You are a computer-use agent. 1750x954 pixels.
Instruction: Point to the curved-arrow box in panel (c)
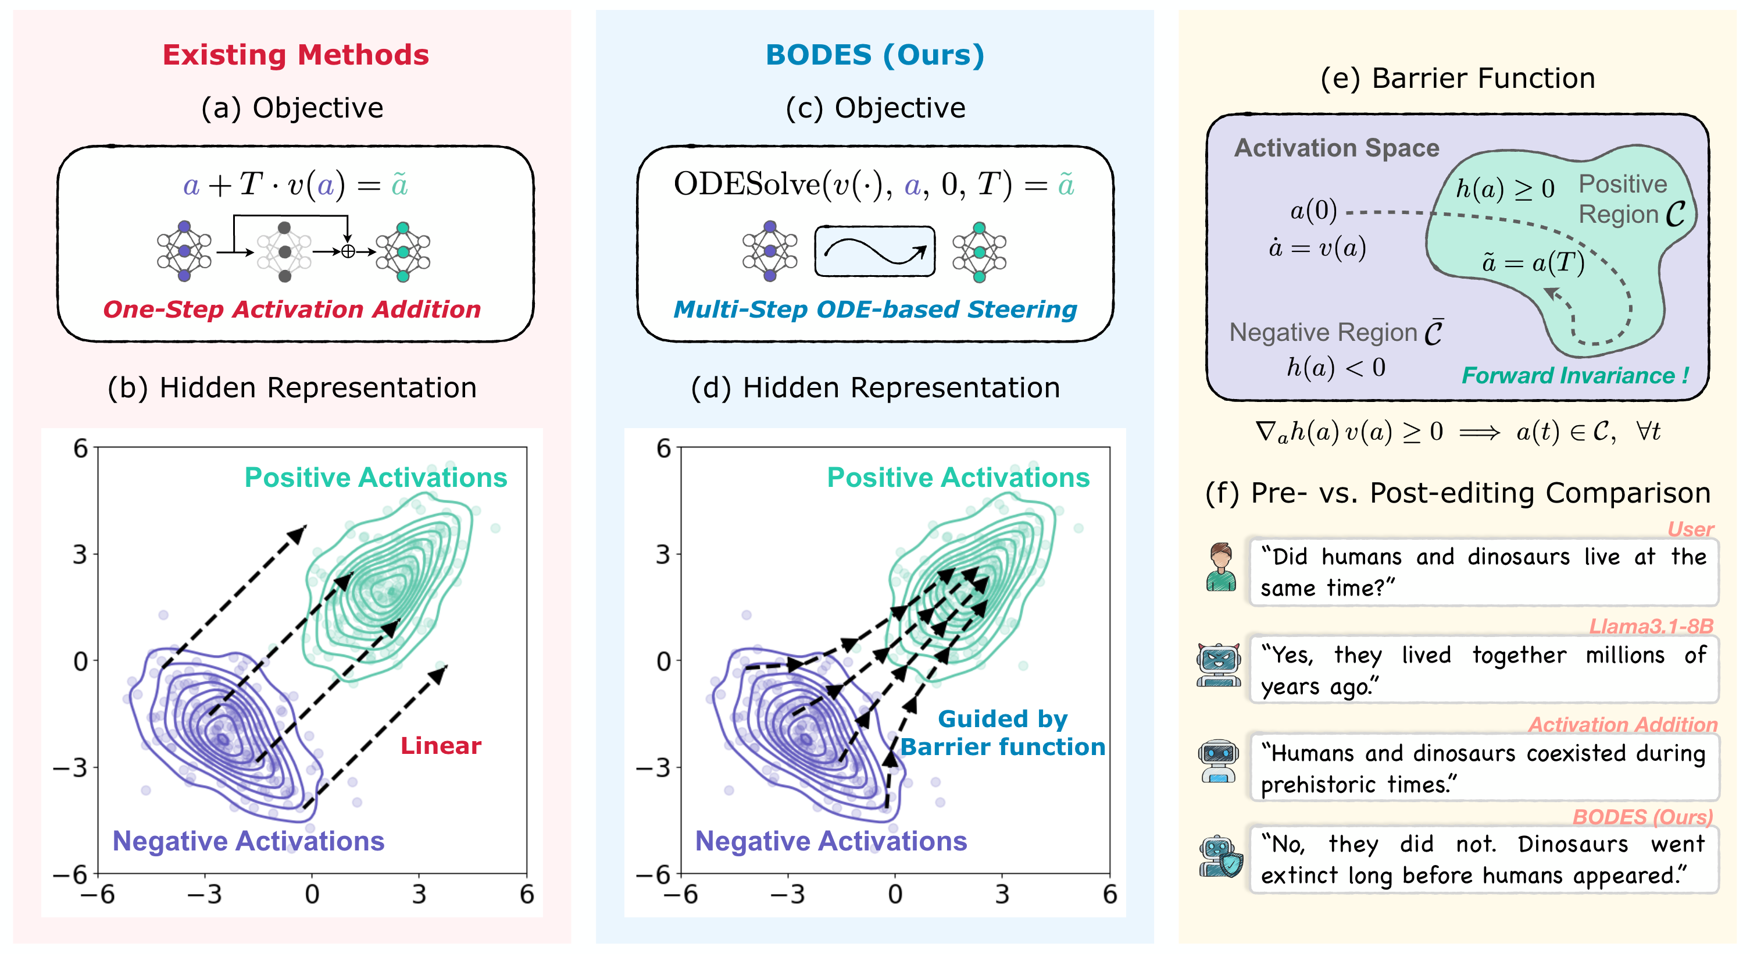click(x=874, y=251)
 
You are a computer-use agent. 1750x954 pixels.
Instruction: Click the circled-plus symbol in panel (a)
click(x=348, y=252)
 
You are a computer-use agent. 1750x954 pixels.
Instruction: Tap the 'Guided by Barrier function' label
click(x=1003, y=733)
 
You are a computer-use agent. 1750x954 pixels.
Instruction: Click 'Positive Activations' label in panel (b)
click(x=376, y=478)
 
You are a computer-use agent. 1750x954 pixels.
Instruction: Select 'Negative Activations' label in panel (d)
click(x=830, y=841)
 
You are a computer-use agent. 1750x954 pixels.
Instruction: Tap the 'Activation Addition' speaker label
click(x=1622, y=724)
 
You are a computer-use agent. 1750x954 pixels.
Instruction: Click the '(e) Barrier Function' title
click(x=1457, y=79)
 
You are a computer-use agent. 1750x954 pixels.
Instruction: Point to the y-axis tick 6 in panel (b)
click(x=81, y=448)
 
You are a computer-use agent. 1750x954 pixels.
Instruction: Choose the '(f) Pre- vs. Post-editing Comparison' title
click(x=1457, y=493)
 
